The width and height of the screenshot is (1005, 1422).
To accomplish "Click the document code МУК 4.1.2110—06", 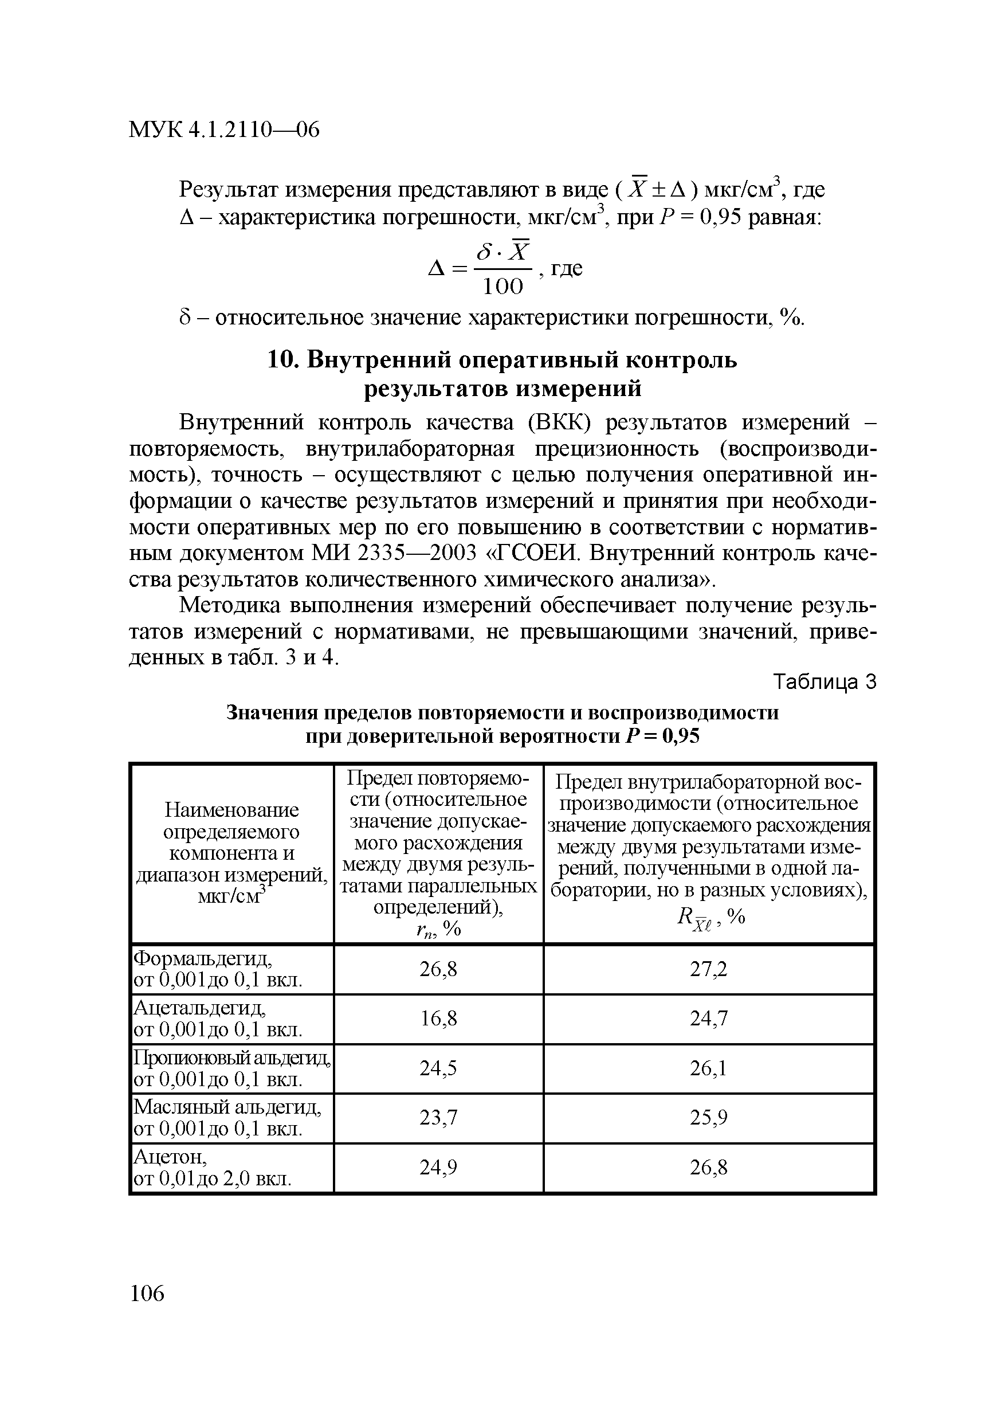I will pyautogui.click(x=224, y=130).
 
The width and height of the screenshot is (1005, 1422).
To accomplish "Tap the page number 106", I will pyautogui.click(x=147, y=1294).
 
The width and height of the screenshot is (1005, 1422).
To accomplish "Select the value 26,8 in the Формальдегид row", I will pyautogui.click(x=438, y=969).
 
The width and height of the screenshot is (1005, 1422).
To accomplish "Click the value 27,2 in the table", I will pyautogui.click(x=709, y=969).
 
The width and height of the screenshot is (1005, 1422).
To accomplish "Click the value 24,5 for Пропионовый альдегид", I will pyautogui.click(x=438, y=1068).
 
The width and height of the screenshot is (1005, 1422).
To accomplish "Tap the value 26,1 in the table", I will pyautogui.click(x=709, y=1068).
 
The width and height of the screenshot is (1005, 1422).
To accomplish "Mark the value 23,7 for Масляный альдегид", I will pyautogui.click(x=438, y=1118).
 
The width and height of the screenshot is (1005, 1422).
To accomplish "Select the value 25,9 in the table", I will pyautogui.click(x=709, y=1118).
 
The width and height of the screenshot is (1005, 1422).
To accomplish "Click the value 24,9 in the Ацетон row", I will pyautogui.click(x=438, y=1168).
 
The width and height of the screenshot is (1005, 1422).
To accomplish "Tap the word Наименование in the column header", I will pyautogui.click(x=231, y=809).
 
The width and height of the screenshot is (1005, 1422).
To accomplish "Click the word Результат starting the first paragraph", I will pyautogui.click(x=227, y=190).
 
